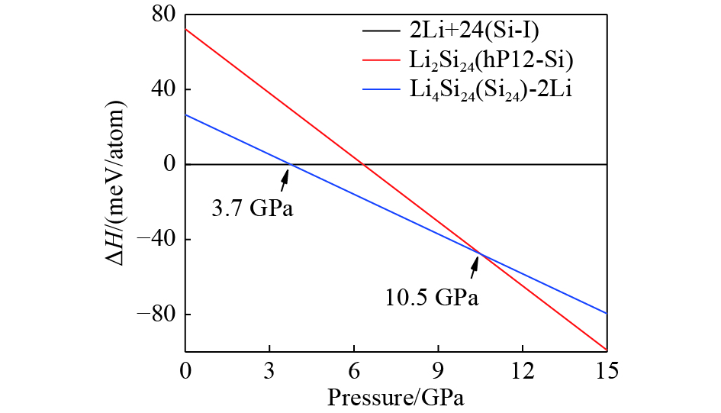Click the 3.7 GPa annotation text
253,208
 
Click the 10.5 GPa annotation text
433,297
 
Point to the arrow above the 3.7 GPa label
285,179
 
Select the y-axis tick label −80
158,315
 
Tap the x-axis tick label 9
438,371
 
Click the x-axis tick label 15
607,371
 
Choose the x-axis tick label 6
354,371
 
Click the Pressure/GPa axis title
396,397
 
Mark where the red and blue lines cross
481,253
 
